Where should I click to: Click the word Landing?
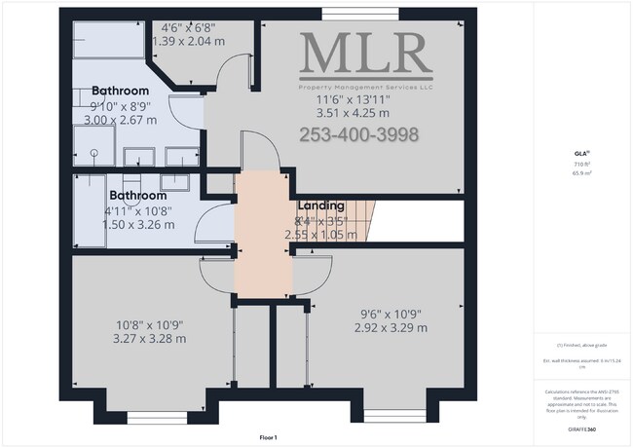(319, 205)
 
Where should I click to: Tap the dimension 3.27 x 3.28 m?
(149, 338)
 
